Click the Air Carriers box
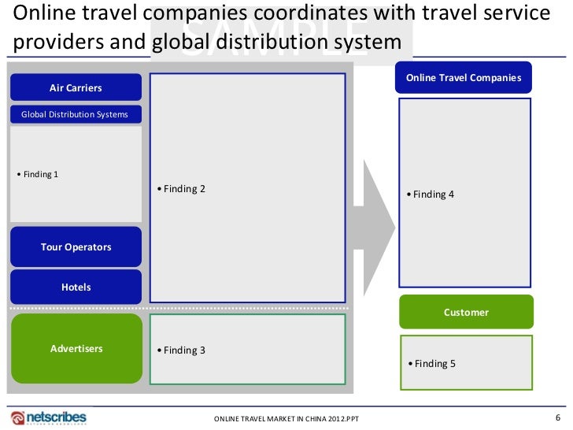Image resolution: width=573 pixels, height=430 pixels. pos(76,87)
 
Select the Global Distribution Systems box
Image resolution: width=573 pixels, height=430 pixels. pos(76,114)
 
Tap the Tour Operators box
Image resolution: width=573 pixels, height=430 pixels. pos(76,247)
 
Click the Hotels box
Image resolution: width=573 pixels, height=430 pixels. pos(76,287)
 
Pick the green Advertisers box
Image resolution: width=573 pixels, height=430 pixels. pos(76,348)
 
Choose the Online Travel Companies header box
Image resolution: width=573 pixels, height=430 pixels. pos(464,78)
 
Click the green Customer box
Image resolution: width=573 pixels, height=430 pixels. pos(466,312)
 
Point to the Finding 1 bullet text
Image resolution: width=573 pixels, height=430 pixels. pos(38,174)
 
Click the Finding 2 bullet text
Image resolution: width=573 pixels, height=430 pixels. pos(181,189)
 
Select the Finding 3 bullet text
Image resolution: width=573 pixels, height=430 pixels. pos(181,350)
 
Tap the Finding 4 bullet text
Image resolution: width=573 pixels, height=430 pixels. pos(431,194)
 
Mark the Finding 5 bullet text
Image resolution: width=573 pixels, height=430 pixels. pos(431,363)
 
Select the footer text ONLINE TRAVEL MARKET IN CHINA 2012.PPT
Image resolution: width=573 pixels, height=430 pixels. pos(286,418)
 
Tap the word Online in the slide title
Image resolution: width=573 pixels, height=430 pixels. pos(39,13)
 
